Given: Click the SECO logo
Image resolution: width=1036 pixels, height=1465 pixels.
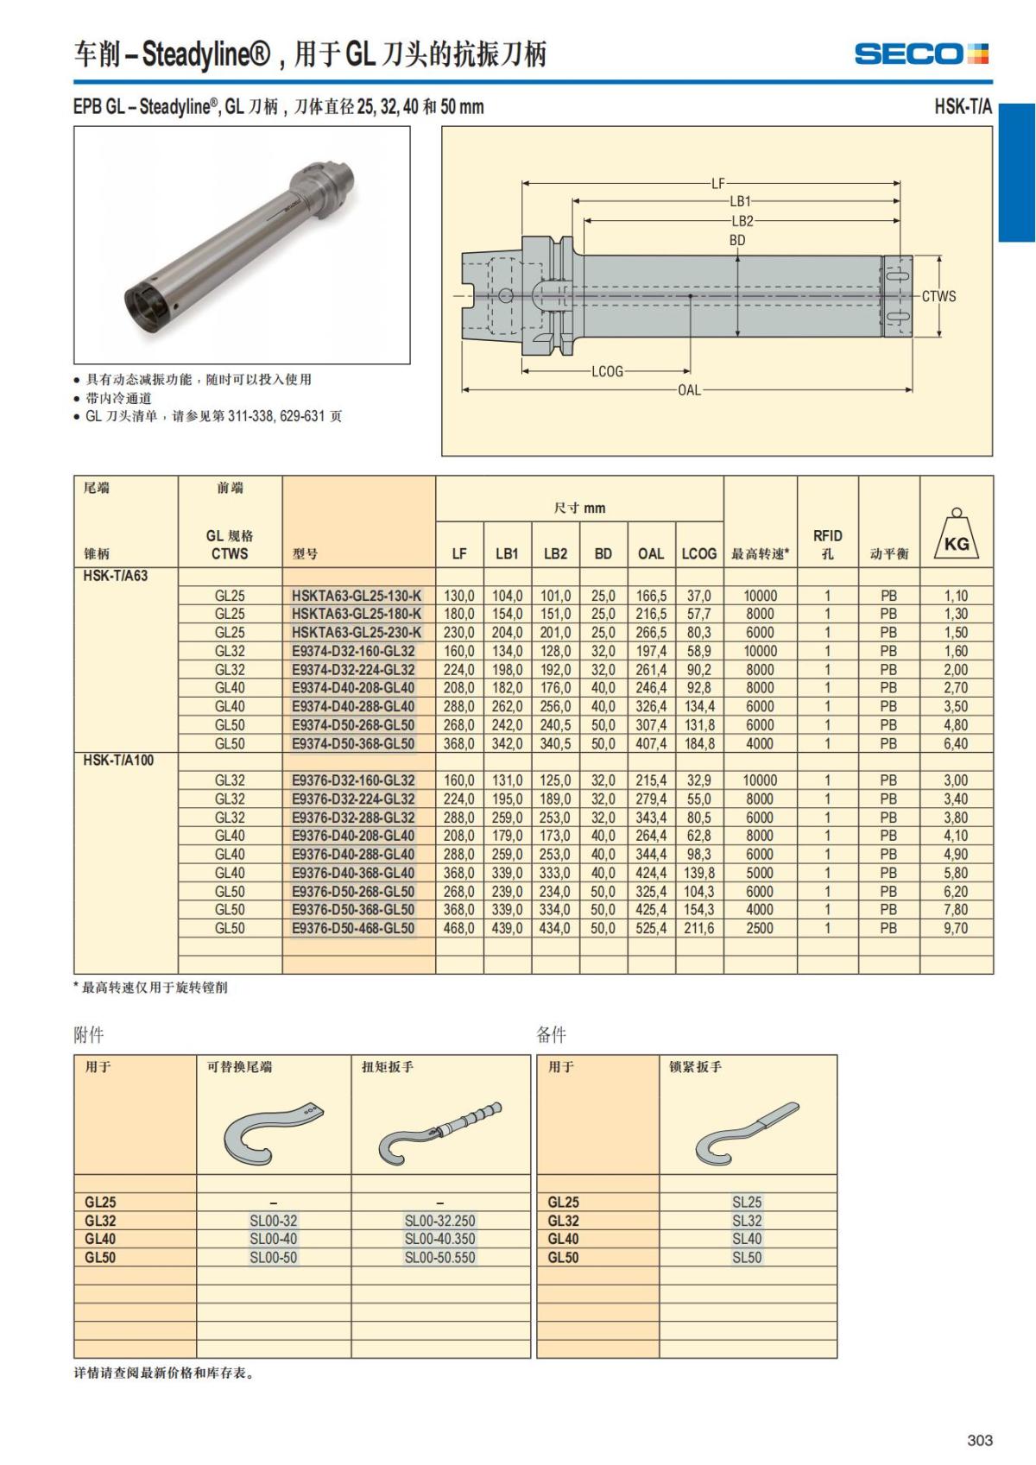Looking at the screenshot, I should (x=921, y=54).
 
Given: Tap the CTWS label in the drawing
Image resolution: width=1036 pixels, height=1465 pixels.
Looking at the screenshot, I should (x=938, y=296).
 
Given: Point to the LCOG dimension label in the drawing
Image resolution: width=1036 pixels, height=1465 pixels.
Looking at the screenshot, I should (x=607, y=371).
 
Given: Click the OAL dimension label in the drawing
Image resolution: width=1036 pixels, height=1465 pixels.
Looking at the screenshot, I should (x=689, y=390).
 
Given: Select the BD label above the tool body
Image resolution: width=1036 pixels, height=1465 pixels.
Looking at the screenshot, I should (x=737, y=241).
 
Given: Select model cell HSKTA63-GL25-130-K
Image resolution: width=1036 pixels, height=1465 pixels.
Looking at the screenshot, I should (x=357, y=596).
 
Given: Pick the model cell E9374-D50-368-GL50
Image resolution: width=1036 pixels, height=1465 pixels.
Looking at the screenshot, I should (x=353, y=743).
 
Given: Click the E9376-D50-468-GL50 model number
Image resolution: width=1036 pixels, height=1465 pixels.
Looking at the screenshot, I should (x=353, y=928).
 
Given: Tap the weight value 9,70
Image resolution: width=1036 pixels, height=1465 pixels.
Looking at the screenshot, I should (x=956, y=928).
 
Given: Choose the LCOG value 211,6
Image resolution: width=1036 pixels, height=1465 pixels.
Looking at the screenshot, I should (x=699, y=928).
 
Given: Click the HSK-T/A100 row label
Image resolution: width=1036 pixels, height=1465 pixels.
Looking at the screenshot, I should (x=118, y=761).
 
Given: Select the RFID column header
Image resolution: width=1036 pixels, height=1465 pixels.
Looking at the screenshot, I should (x=827, y=544).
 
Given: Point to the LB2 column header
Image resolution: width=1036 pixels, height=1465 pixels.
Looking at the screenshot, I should (x=555, y=553).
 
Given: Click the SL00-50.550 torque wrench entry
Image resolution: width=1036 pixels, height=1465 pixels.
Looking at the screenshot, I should (x=439, y=1258).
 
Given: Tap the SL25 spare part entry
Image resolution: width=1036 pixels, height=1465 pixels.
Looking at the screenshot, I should (x=747, y=1202).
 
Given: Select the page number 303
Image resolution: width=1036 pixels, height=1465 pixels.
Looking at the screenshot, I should (x=980, y=1440).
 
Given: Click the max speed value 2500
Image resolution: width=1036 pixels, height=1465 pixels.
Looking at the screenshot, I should (x=760, y=928).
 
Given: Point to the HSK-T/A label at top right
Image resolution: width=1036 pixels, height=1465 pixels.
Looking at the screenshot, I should (x=963, y=107).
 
